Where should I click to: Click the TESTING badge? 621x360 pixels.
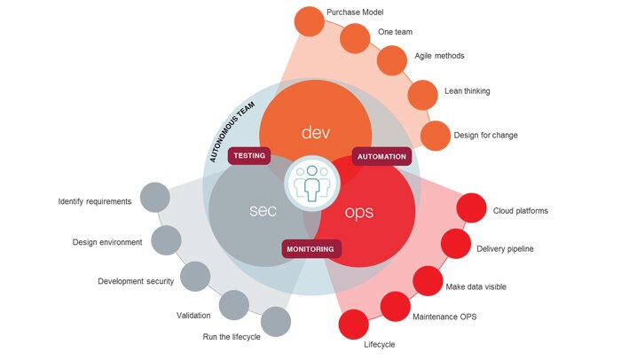tap(249, 156)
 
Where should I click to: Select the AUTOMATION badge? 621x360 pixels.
tap(381, 156)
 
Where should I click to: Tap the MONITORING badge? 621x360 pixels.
tap(310, 249)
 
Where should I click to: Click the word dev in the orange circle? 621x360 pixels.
tap(316, 133)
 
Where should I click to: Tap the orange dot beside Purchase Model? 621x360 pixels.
tap(309, 20)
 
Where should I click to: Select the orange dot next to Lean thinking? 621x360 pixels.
tap(422, 91)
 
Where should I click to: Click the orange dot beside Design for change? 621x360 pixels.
tap(435, 136)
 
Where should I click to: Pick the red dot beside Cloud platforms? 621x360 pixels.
tap(470, 210)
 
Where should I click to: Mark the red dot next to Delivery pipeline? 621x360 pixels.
tap(456, 244)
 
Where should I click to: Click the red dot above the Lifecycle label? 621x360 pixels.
tap(353, 325)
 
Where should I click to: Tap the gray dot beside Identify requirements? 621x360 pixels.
tap(154, 198)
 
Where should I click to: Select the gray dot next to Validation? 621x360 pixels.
tap(235, 305)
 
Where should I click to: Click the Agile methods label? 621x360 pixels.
tap(439, 56)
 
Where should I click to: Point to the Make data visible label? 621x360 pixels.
tap(476, 287)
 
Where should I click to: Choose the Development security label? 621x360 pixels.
tap(136, 282)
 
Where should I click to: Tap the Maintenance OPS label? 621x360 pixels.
tap(444, 317)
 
